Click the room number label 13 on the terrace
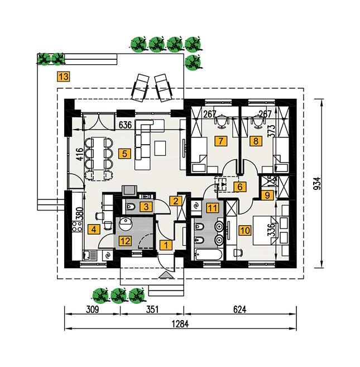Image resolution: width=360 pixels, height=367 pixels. coord(64,77)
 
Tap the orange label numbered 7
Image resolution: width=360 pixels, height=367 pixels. coord(223,141)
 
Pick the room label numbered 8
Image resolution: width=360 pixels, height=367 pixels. coord(256,141)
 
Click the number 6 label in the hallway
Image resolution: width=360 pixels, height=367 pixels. coord(239,187)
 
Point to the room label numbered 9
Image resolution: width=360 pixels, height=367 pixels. coord(267,194)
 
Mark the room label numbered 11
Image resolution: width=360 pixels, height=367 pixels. coord(212,208)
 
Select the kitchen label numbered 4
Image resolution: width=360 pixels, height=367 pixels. coord(94,228)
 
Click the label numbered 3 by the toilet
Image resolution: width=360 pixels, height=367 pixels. coord(145,207)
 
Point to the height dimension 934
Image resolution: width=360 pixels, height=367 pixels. coord(316,184)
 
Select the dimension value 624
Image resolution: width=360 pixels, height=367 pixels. coord(239,308)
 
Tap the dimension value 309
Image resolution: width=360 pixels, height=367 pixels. coord(92,308)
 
